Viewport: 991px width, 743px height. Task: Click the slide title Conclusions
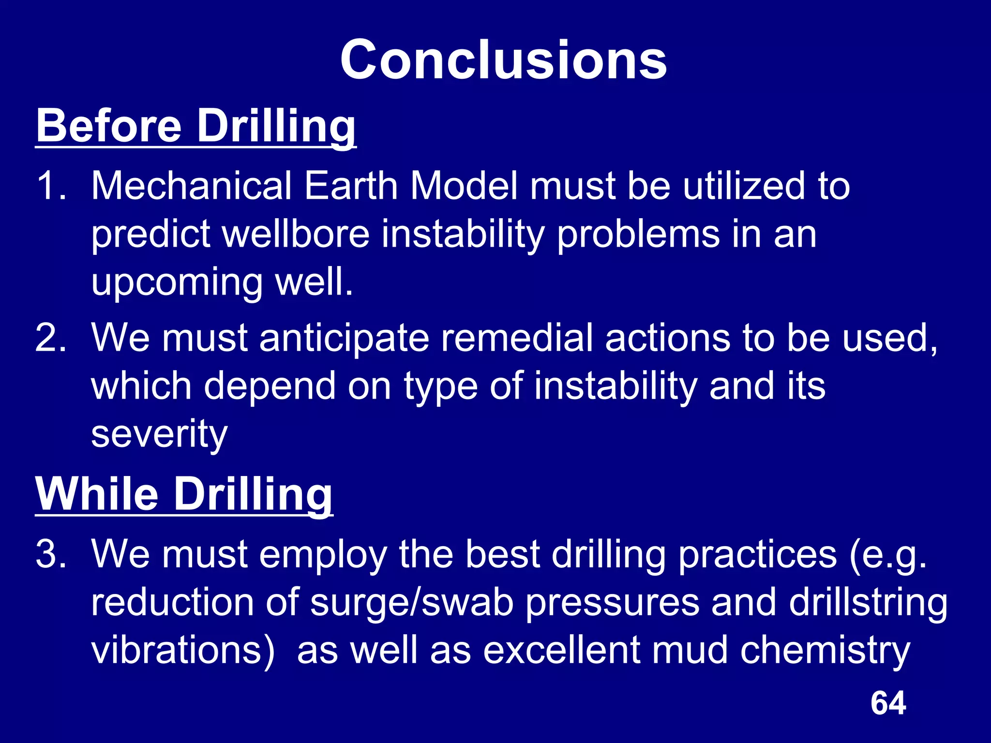[x=503, y=60]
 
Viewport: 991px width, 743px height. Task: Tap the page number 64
[x=888, y=703]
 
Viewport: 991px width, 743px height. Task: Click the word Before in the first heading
[x=109, y=125]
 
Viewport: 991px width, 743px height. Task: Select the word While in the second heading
[x=97, y=494]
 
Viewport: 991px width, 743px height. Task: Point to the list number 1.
[x=51, y=186]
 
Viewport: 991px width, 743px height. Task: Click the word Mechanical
[x=192, y=186]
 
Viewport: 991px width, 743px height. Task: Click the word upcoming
[x=177, y=283]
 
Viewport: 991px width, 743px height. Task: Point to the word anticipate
[x=344, y=339]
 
